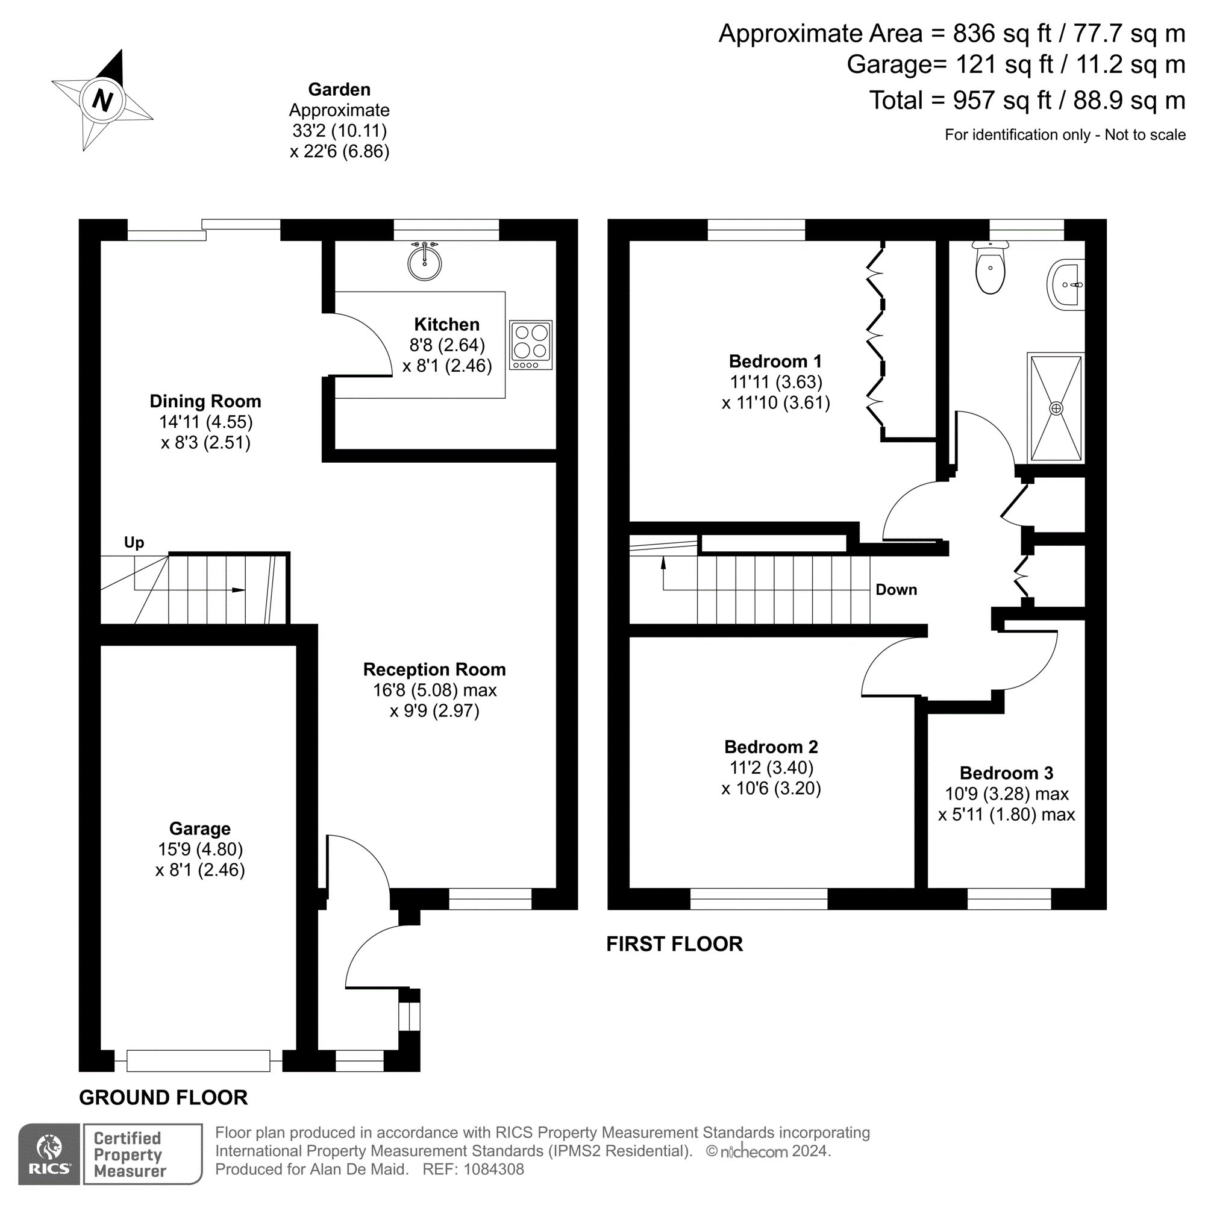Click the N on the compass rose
pyautogui.click(x=102, y=100)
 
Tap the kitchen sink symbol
pyautogui.click(x=425, y=262)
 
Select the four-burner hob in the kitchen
pyautogui.click(x=531, y=345)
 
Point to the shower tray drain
pyautogui.click(x=1056, y=408)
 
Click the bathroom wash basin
pyautogui.click(x=1067, y=285)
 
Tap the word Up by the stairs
pyautogui.click(x=134, y=542)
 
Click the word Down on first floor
pyautogui.click(x=897, y=589)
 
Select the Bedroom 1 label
pyautogui.click(x=775, y=361)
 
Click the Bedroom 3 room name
pyautogui.click(x=1006, y=773)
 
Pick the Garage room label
pyautogui.click(x=199, y=828)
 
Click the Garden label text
pyautogui.click(x=339, y=89)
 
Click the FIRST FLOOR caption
pyautogui.click(x=674, y=944)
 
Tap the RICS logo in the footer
pyautogui.click(x=49, y=1154)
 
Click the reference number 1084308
pyautogui.click(x=493, y=1169)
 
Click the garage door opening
pyautogui.click(x=198, y=1060)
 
